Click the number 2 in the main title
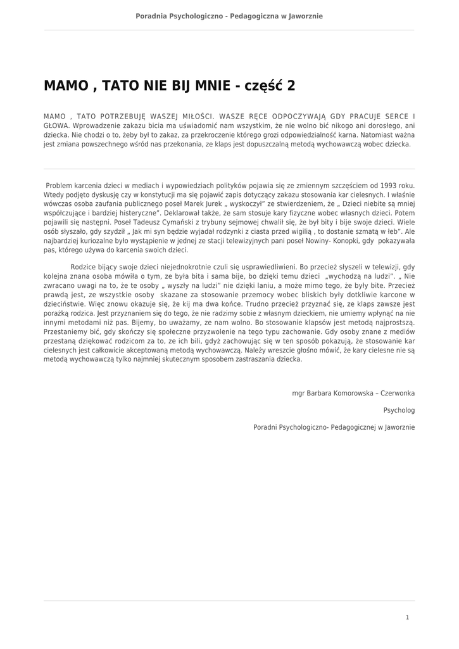[x=291, y=86]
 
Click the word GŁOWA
[x=56, y=125]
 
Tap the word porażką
[x=57, y=313]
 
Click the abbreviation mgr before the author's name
[x=298, y=393]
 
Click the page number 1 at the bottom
[x=407, y=617]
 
